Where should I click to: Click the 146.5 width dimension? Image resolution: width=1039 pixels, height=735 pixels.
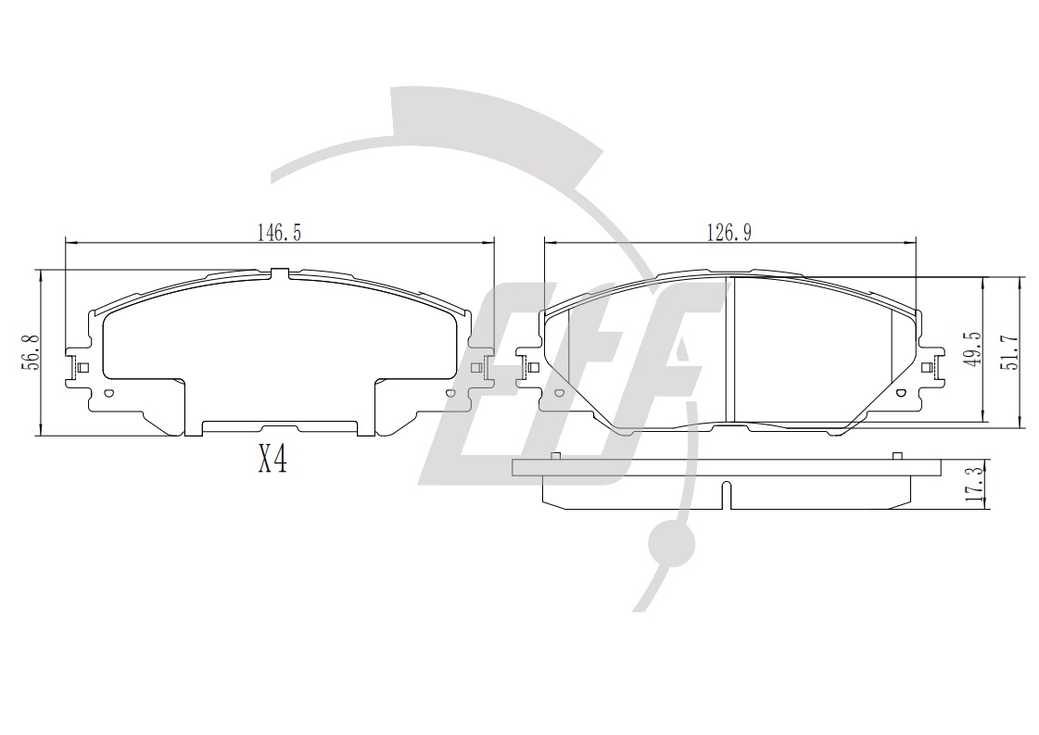(279, 232)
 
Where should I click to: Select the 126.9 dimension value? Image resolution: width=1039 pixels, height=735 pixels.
(729, 232)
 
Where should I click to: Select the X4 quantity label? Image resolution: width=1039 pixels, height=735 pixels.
(272, 459)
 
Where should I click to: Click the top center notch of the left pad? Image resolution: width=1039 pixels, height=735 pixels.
(280, 272)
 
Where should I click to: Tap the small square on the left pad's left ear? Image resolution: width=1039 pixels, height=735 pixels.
(83, 367)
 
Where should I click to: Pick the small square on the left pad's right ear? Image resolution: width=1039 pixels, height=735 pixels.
(475, 368)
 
